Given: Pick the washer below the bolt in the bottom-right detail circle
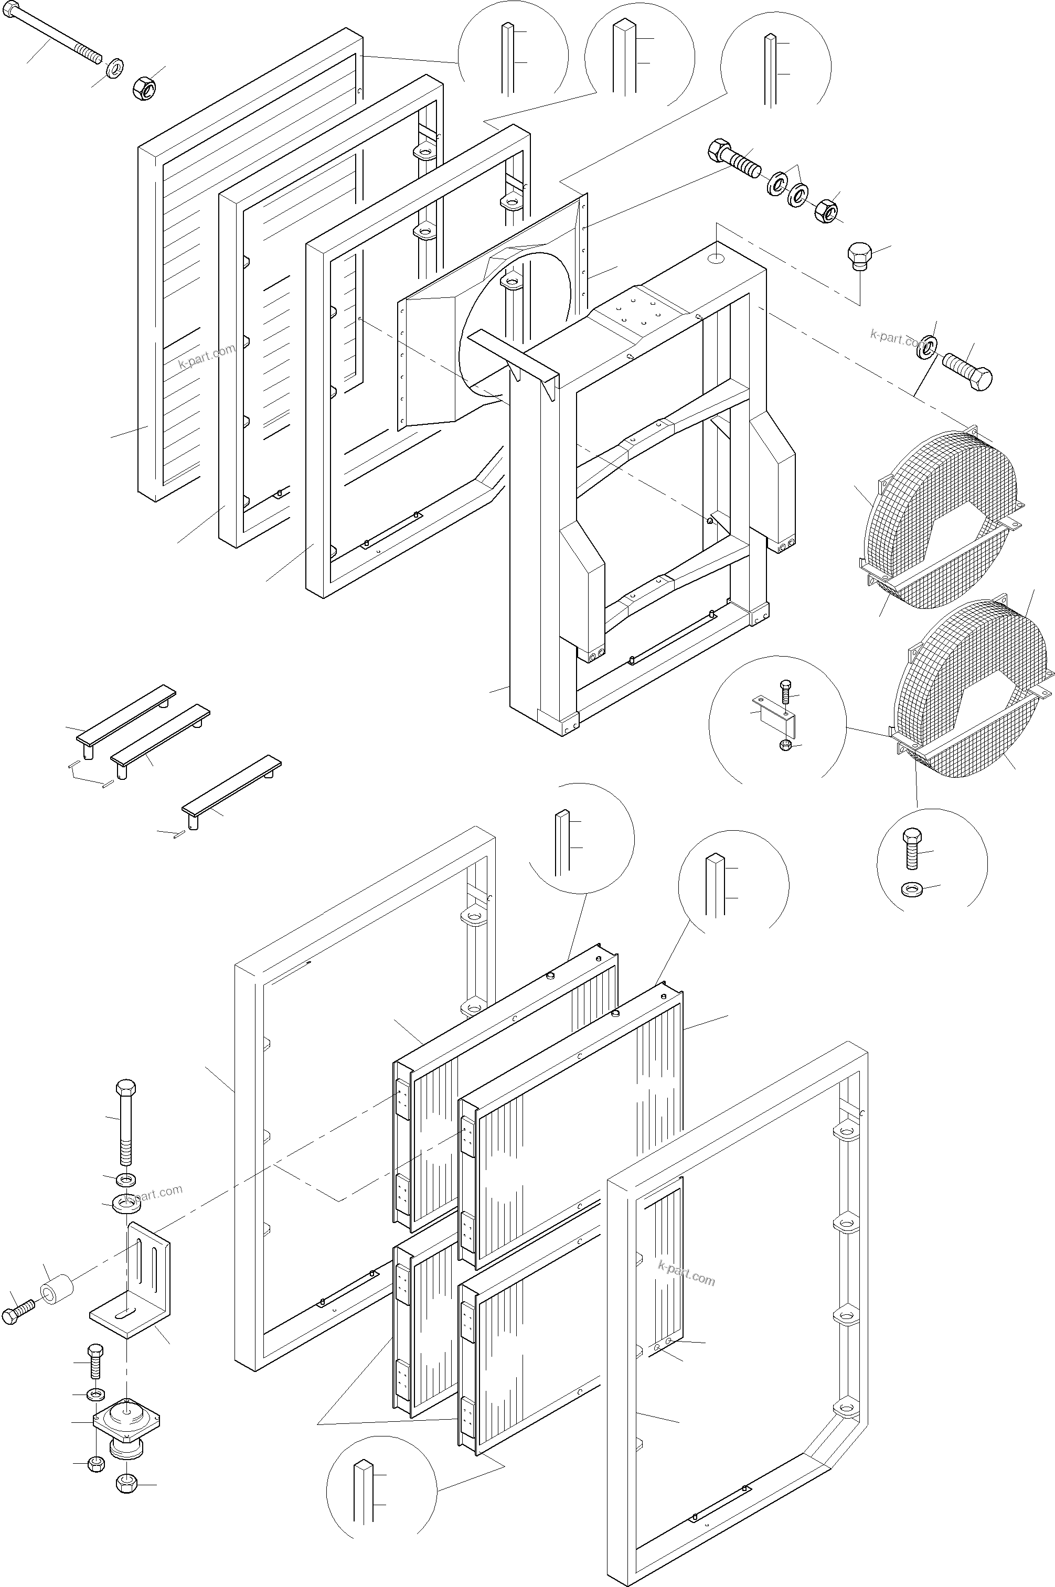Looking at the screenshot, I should pos(912,889).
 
